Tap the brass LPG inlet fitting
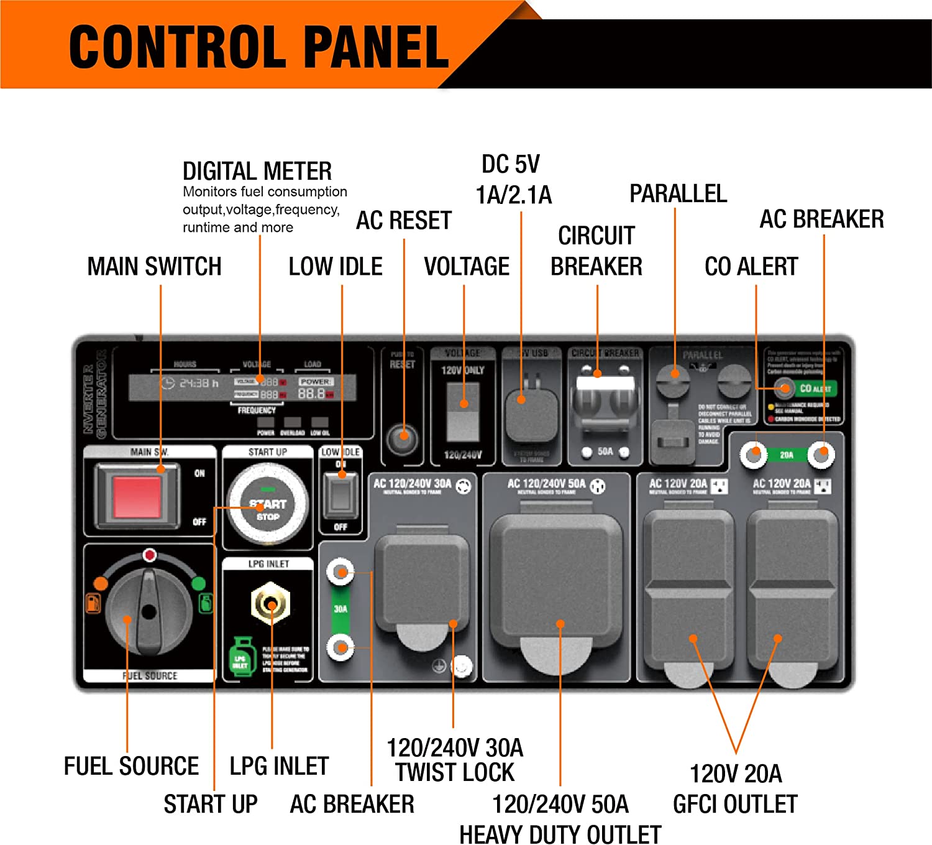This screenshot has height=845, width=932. point(270,603)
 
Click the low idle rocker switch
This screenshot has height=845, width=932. point(340,495)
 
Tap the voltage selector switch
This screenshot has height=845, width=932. point(464,412)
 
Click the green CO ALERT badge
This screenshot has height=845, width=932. point(815,389)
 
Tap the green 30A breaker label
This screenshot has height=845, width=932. point(340,609)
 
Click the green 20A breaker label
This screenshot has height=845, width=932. point(787,455)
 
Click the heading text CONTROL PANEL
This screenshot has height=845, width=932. point(258,47)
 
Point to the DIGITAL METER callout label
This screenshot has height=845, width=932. point(257,171)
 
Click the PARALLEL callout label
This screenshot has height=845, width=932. point(678,194)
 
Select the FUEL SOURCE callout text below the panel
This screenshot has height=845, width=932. point(131,766)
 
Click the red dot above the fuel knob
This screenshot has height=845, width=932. point(149,555)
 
